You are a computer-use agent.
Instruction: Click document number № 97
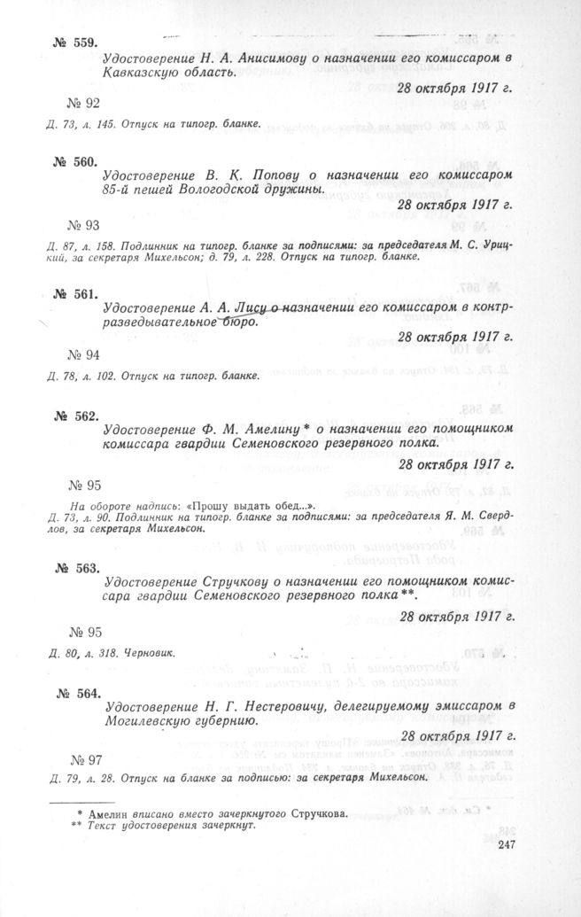(85, 759)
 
